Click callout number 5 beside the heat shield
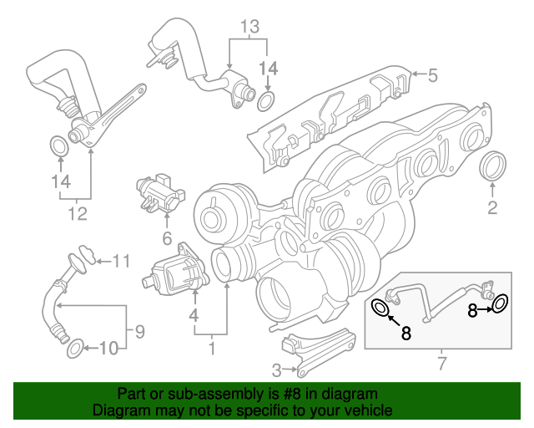(432, 75)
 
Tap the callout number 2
(492, 207)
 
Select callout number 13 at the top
(250, 27)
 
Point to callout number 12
(78, 214)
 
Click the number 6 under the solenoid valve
(167, 238)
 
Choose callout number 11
(122, 262)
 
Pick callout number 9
(140, 331)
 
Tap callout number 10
(108, 349)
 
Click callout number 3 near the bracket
(276, 370)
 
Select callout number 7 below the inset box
(441, 364)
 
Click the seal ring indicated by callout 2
(493, 165)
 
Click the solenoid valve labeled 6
(160, 191)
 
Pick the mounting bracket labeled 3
(319, 352)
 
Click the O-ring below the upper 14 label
(266, 101)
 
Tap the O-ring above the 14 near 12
(59, 145)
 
